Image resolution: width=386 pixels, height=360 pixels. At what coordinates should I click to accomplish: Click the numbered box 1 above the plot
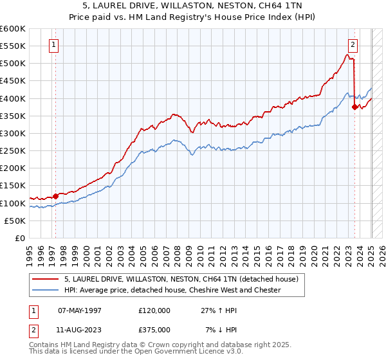(53, 45)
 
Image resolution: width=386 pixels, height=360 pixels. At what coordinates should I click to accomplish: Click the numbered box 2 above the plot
(353, 45)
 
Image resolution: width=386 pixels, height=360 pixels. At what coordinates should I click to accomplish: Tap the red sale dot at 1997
(56, 196)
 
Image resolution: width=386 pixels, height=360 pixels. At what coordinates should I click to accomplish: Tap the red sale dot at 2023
(354, 107)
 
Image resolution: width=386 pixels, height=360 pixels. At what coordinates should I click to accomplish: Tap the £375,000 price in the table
(154, 329)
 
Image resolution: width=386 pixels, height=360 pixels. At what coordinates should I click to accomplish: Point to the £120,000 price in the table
(154, 310)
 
